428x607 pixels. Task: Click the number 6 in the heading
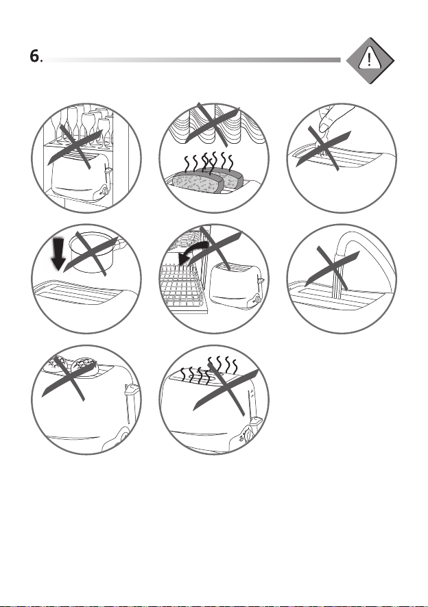[34, 56]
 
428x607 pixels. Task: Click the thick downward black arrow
[58, 254]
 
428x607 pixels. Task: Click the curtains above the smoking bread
[213, 124]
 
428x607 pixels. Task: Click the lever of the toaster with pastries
[131, 389]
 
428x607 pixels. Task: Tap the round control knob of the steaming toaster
[248, 435]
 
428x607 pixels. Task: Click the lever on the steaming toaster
[257, 420]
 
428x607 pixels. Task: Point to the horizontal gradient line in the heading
[192, 60]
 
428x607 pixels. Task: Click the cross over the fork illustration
[324, 148]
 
